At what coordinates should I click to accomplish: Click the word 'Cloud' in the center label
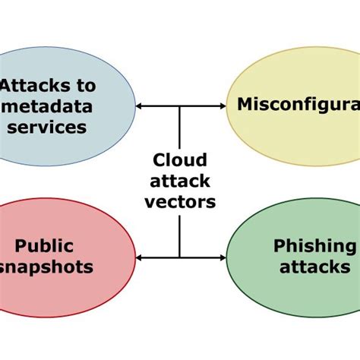click(180, 160)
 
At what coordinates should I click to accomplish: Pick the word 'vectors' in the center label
click(180, 202)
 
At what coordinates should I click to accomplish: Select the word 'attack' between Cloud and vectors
click(180, 182)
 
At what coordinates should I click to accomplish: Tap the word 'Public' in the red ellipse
click(45, 245)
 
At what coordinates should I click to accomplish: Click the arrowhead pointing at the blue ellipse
click(140, 106)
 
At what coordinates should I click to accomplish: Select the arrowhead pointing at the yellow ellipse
click(222, 106)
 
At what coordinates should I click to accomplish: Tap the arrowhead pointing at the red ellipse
click(140, 257)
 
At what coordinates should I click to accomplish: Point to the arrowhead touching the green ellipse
click(222, 257)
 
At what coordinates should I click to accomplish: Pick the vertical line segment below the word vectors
click(180, 235)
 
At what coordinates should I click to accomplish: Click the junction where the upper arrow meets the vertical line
click(180, 106)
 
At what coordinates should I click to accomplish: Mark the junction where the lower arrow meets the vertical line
click(180, 257)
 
